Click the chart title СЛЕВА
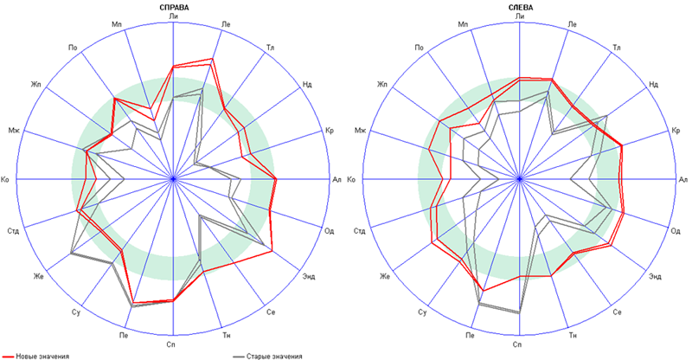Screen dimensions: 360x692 pos(519,6)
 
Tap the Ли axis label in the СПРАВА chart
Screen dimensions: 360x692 pos(174,16)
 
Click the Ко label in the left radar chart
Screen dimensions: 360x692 pos(6,179)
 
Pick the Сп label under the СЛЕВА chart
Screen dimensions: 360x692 pos(518,344)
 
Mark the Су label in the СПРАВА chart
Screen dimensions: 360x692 pos(76,312)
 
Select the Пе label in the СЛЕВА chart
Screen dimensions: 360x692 pos(469,335)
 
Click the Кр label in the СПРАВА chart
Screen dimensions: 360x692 pos(330,131)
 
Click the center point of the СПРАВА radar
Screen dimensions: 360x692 pos(174,179)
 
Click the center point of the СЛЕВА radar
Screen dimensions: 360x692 pos(519,179)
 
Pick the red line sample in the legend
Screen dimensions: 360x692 pos(10,355)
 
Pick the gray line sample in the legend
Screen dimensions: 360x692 pos(240,355)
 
